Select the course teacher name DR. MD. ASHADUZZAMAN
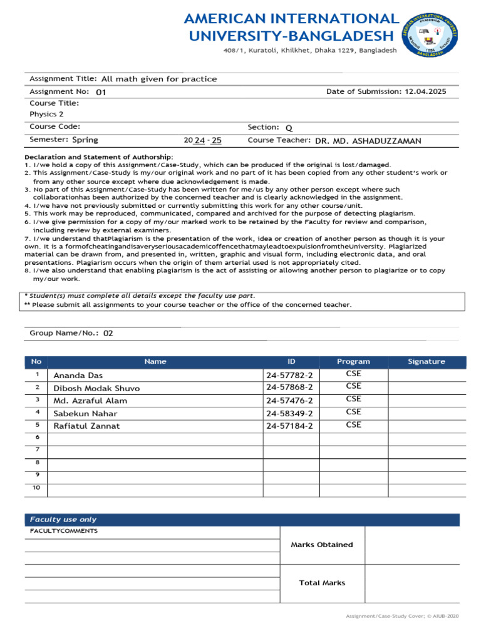click(368, 141)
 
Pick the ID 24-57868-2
click(289, 388)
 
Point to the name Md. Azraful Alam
click(90, 401)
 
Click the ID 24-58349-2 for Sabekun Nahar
click(289, 413)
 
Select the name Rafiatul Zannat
click(86, 426)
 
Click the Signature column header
click(427, 361)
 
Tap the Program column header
click(353, 361)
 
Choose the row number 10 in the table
click(36, 487)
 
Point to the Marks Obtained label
click(322, 545)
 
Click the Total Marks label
click(322, 583)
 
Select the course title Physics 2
click(46, 114)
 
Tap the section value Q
click(289, 128)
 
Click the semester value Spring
click(85, 140)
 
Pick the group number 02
click(108, 333)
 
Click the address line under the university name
click(310, 50)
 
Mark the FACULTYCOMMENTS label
click(64, 531)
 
